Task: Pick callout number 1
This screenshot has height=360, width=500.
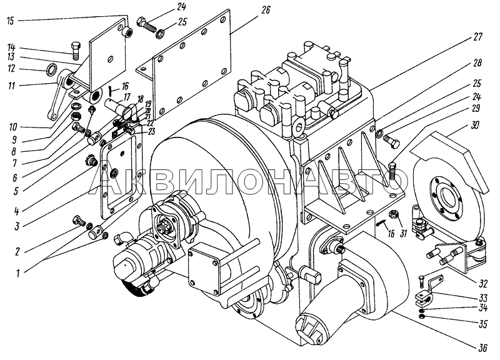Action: pyautogui.click(x=18, y=272)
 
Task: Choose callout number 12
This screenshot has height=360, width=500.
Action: pyautogui.click(x=11, y=69)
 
